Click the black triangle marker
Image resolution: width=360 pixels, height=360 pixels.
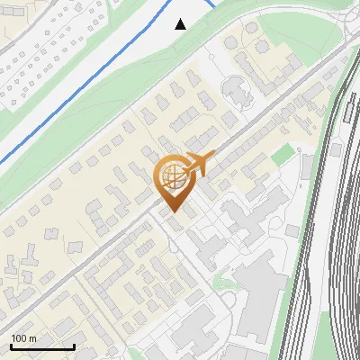tap(181, 24)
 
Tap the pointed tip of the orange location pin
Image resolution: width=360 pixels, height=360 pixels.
tap(172, 212)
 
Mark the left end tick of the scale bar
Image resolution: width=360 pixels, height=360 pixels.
tap(12, 346)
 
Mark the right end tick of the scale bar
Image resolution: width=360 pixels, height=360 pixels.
tap(74, 346)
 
